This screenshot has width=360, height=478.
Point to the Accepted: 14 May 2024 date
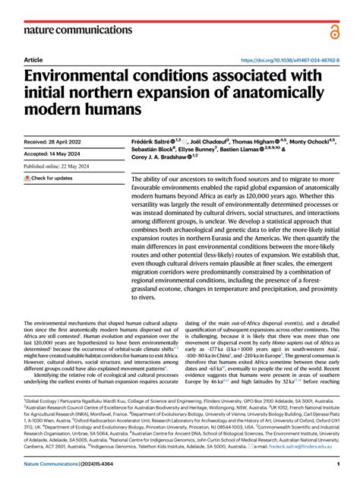(x=54, y=154)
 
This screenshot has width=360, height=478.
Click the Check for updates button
(x=49, y=179)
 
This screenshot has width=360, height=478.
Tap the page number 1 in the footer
(x=336, y=464)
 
